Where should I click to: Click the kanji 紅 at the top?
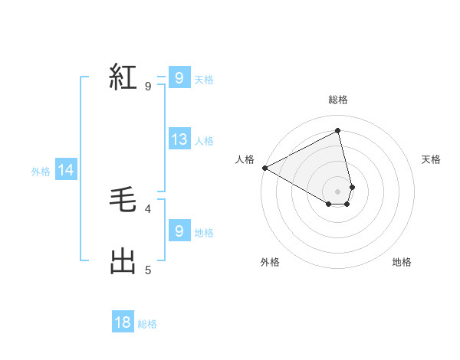[x=123, y=77]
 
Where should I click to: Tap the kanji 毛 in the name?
[x=123, y=201]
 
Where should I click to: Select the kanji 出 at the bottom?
[x=123, y=261]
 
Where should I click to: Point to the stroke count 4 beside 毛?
[x=148, y=208]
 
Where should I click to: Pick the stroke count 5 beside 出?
[x=148, y=270]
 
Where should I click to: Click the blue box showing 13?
[x=179, y=139]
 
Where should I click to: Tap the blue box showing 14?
[x=66, y=170]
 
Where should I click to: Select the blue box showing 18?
[x=123, y=322]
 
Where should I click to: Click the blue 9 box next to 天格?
[x=179, y=78]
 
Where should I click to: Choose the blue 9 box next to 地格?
[x=179, y=231]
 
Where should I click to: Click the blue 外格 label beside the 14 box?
[x=41, y=172]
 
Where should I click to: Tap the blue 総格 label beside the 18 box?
[x=147, y=324]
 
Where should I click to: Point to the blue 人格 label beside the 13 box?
[x=204, y=141]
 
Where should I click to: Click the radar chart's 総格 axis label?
[x=338, y=100]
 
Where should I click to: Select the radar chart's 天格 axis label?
[x=431, y=159]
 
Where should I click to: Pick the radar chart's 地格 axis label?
[x=402, y=262]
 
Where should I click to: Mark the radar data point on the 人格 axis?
[x=264, y=168]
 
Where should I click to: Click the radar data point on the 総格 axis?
[x=338, y=130]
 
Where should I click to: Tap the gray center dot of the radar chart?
[x=338, y=191]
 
